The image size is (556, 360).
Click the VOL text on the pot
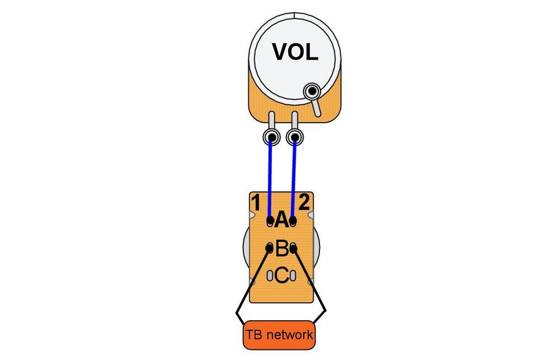295,52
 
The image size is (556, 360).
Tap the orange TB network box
279,335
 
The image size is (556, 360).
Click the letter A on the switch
281,220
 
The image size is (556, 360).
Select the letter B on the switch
281,248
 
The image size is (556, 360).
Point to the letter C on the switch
281,276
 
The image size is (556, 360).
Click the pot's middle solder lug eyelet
294,137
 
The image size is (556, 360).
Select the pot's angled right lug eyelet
311,91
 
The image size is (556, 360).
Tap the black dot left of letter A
270,220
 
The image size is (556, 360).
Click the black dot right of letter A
293,220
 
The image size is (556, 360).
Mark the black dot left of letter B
270,248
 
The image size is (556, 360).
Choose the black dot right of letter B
293,248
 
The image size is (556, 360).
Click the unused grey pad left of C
270,276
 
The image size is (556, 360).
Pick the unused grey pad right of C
293,276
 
